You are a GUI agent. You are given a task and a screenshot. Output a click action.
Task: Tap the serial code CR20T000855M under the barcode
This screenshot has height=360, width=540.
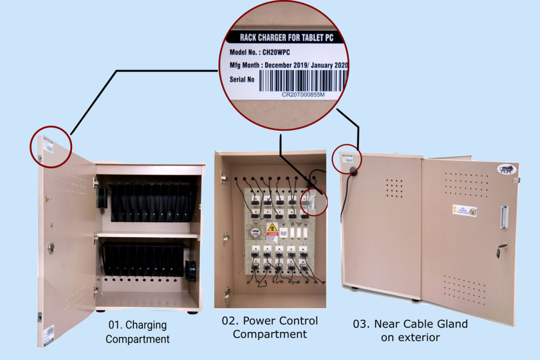(303, 95)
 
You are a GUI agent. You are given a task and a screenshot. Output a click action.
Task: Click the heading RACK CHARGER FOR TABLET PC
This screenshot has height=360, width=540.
(284, 37)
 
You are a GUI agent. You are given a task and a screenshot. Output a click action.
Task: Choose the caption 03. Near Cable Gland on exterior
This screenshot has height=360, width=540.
(410, 330)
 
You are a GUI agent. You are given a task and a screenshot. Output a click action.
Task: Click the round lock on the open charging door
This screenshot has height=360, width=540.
(51, 247)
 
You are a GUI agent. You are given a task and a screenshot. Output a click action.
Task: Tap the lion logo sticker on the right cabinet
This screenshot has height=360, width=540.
(506, 169)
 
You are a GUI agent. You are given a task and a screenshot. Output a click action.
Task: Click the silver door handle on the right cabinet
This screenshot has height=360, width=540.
(504, 217)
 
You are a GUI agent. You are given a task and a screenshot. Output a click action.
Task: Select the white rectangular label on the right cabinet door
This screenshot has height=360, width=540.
(464, 211)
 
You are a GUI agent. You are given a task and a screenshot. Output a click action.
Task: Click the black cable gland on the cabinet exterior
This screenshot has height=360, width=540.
(351, 170)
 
